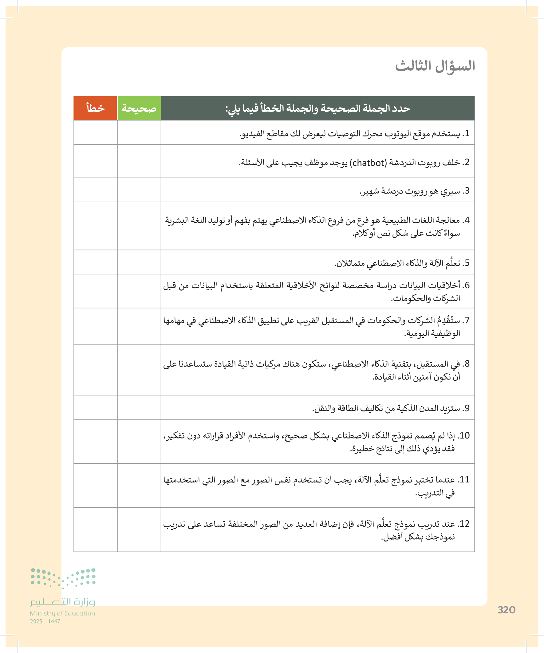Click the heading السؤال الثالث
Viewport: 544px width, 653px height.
click(435, 66)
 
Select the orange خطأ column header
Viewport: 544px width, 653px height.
click(95, 108)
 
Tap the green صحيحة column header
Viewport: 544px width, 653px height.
click(139, 108)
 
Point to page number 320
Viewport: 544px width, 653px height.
click(507, 610)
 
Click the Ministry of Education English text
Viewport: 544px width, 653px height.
click(62, 613)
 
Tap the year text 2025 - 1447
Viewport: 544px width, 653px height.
click(45, 621)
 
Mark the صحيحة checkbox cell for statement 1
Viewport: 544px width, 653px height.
click(139, 132)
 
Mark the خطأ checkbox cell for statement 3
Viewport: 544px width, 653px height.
click(95, 190)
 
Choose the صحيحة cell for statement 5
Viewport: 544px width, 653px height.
click(139, 262)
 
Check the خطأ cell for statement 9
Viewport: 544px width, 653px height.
click(95, 407)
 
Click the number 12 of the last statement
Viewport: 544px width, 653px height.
click(464, 524)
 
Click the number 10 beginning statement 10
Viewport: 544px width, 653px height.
click(464, 436)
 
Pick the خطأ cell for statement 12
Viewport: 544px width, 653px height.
click(95, 530)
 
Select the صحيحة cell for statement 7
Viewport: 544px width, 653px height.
click(139, 326)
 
